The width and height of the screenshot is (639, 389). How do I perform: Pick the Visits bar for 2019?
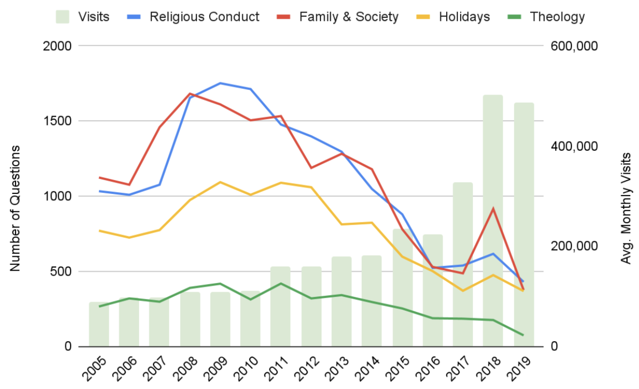click(524, 207)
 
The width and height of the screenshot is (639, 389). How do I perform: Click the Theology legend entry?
click(557, 17)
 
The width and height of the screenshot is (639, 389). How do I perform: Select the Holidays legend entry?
click(464, 17)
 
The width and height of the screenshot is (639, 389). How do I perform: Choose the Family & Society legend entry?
click(349, 17)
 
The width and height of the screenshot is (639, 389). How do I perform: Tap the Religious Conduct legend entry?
click(204, 17)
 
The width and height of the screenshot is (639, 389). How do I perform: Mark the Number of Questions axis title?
click(15, 209)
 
